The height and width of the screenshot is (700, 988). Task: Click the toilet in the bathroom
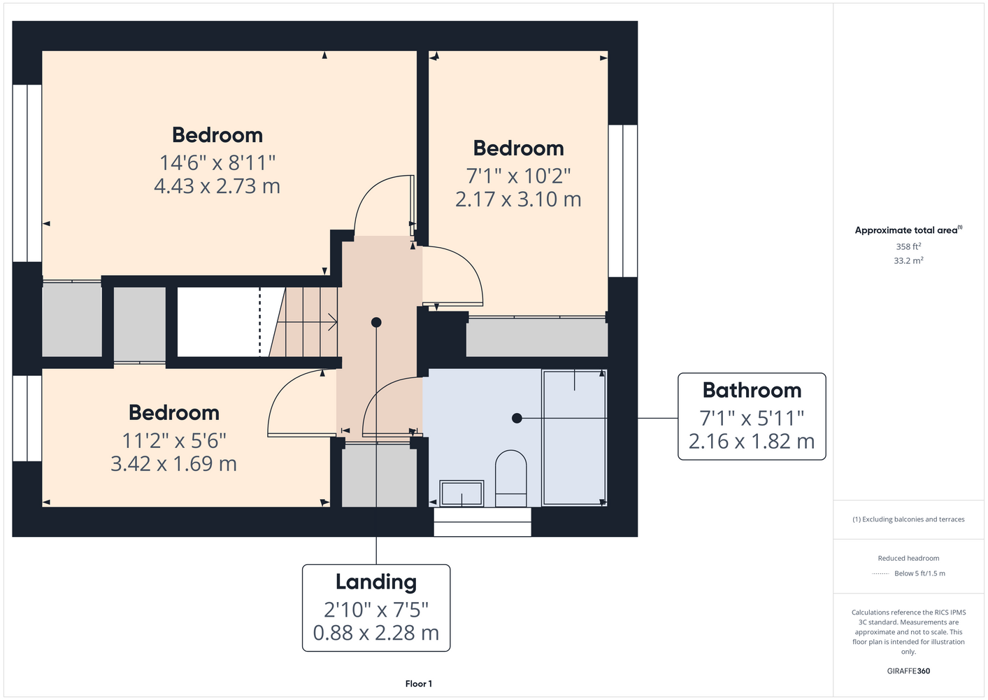tap(510, 478)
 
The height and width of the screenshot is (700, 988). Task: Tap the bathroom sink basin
tap(461, 493)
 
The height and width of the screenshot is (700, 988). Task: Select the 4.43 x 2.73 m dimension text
tap(217, 186)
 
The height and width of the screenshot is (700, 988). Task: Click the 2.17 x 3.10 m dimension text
tap(518, 199)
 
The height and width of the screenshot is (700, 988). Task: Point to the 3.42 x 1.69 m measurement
tap(174, 463)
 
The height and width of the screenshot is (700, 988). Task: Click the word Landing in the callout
tap(376, 582)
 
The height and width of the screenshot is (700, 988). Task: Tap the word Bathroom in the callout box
tap(752, 391)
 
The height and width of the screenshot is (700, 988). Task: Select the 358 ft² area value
tap(908, 246)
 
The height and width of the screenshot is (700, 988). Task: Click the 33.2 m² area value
tap(908, 260)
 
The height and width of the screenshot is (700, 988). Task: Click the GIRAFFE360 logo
tap(908, 671)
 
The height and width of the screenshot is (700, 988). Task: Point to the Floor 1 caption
tap(419, 684)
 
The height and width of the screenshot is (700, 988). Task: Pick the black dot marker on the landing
tap(376, 323)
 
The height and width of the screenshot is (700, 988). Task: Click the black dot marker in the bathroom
tap(517, 418)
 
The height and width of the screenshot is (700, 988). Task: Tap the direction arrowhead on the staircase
tap(334, 322)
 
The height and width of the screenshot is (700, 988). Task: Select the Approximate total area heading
tap(908, 230)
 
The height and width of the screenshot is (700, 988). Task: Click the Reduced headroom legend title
tap(908, 558)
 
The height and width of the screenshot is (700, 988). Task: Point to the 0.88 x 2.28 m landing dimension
tap(376, 633)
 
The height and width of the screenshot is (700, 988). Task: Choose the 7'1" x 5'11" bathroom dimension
tap(752, 418)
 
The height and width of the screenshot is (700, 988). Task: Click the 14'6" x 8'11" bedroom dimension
tap(217, 163)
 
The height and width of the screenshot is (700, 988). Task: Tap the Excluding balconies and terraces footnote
tap(908, 519)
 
